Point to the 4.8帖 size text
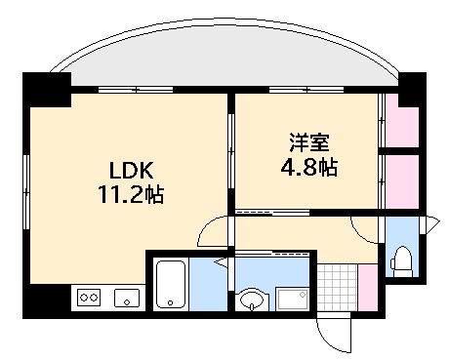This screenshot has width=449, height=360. pyautogui.click(x=304, y=166)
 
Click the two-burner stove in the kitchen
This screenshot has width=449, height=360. pyautogui.click(x=89, y=298)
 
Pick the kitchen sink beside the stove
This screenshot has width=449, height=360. pyautogui.click(x=126, y=298)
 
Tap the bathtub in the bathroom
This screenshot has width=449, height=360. pyautogui.click(x=171, y=286)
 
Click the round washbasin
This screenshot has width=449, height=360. pyautogui.click(x=252, y=300)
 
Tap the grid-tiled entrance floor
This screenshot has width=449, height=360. pyautogui.click(x=337, y=287)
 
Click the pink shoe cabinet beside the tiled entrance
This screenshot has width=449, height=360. pyautogui.click(x=367, y=287)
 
